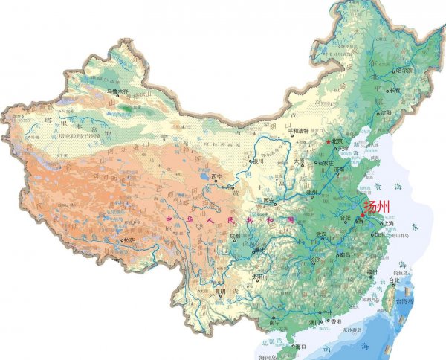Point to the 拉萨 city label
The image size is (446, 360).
point(129,240)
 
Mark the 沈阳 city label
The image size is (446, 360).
point(385,112)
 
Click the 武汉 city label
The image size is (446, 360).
point(321,234)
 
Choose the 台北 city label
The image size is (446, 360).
point(402,281)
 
